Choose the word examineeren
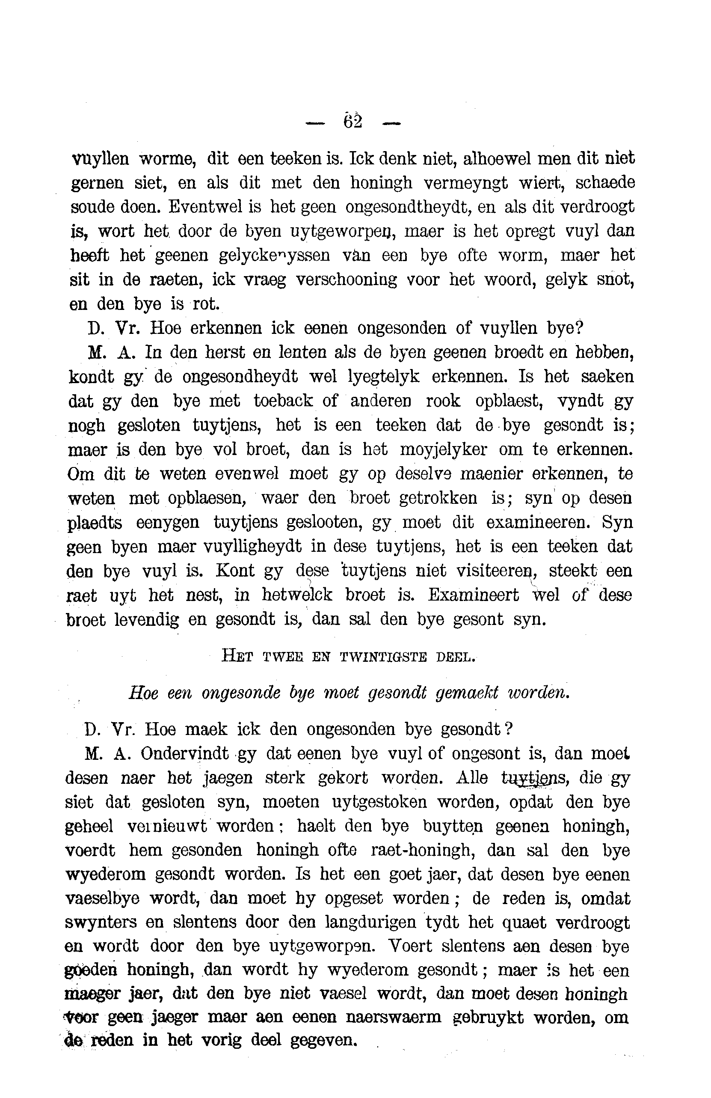[537, 522]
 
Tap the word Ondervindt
[184, 754]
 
